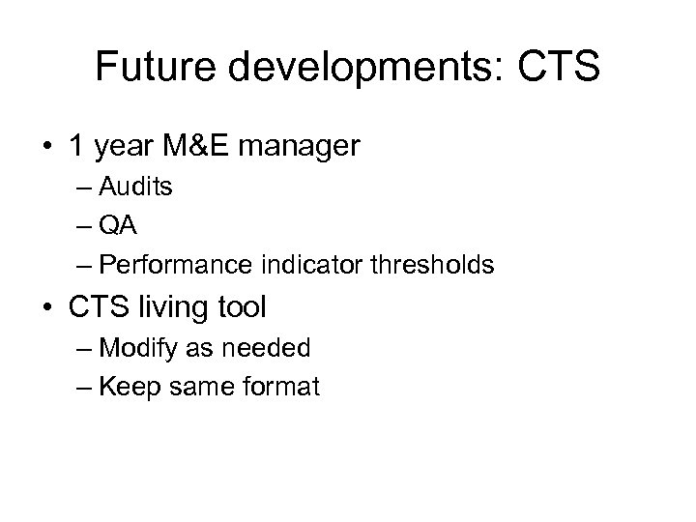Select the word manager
click(311, 148)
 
